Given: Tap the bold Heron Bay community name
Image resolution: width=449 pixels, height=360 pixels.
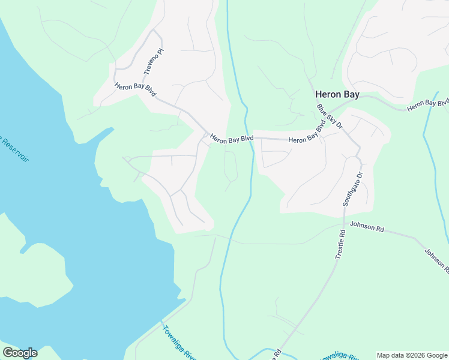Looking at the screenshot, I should pos(338,95).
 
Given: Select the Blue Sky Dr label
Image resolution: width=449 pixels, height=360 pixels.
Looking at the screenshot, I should pos(330,116).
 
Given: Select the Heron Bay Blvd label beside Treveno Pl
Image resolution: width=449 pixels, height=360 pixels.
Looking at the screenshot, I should pos(136,91).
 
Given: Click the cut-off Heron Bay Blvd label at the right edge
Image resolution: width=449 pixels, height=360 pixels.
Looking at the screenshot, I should pos(427,104).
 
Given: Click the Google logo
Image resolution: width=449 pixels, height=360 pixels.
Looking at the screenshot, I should pos(20,353).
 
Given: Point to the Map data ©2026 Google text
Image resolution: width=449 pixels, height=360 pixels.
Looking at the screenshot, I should pos(412,355).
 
